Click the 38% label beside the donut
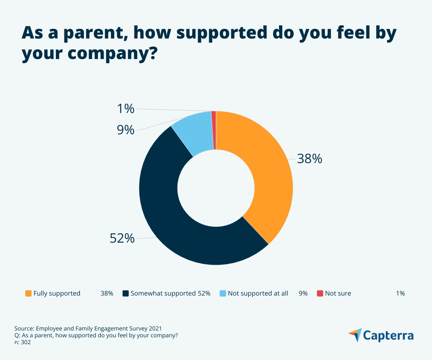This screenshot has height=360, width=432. click(309, 159)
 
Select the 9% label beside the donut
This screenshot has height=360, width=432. click(126, 130)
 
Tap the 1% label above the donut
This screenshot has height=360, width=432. click(126, 108)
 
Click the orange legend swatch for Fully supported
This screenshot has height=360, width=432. click(28, 293)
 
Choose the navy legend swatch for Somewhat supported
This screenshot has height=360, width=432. click(126, 293)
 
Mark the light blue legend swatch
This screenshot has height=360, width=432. click(223, 293)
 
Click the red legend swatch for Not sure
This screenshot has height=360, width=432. click(320, 293)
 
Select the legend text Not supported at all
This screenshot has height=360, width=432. click(258, 293)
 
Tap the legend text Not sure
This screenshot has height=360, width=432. click(338, 293)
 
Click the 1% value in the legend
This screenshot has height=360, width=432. click(400, 293)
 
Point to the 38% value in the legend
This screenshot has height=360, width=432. click(107, 293)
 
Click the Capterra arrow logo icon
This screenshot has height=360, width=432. click(355, 334)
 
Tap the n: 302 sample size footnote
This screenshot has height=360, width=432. click(23, 342)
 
